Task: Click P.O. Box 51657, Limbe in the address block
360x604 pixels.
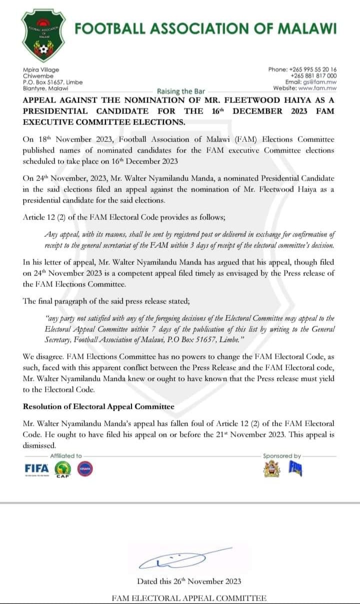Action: click(53, 82)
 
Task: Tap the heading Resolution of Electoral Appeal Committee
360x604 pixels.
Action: click(98, 407)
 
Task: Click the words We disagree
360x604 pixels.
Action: click(44, 358)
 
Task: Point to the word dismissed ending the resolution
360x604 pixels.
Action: click(39, 445)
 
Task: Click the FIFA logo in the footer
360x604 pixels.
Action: click(37, 469)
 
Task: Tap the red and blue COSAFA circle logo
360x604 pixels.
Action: click(85, 469)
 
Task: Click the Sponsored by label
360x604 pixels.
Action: click(282, 456)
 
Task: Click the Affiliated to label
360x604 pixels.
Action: click(66, 456)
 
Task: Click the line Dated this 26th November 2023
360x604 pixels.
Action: click(189, 581)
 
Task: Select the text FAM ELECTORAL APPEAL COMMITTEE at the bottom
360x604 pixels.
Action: click(189, 598)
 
